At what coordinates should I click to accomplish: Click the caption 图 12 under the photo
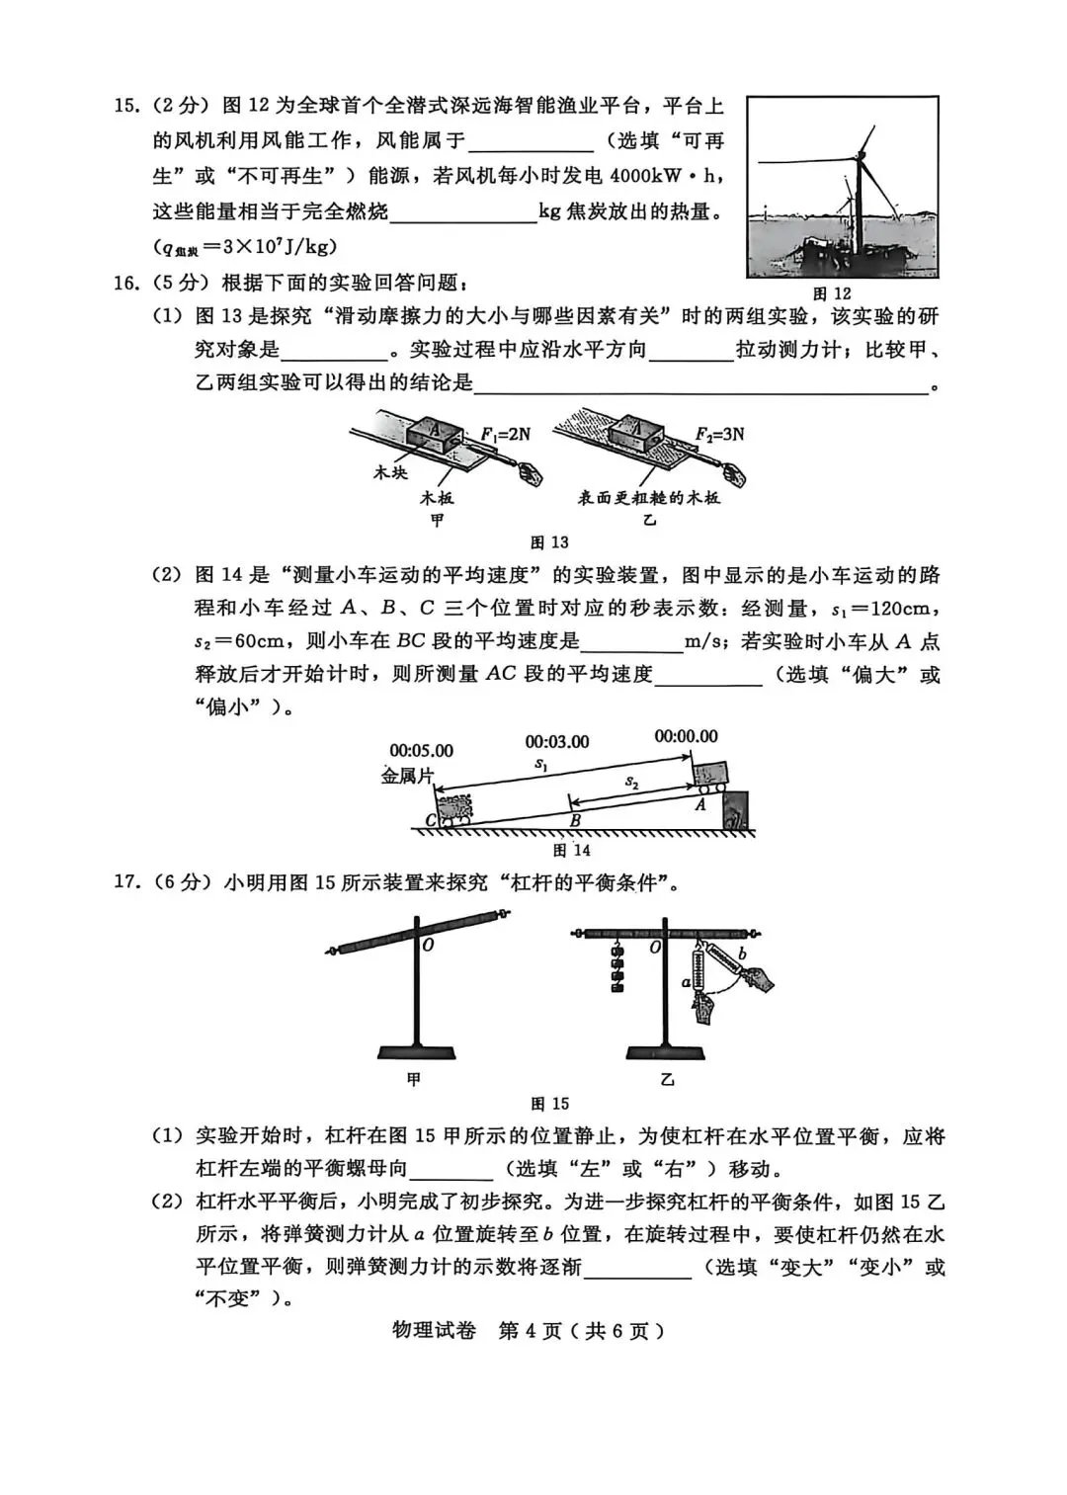[x=831, y=293]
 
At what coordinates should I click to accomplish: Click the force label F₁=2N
[x=505, y=434]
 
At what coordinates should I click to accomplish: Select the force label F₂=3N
[x=719, y=434]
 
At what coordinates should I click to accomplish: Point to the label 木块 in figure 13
[x=389, y=472]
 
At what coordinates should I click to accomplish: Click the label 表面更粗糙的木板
[x=649, y=497]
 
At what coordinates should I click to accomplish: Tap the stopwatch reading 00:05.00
[x=422, y=751]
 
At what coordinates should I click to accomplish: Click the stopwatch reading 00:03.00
[x=557, y=742]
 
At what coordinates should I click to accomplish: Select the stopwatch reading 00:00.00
[x=686, y=736]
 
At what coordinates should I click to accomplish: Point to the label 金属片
[x=407, y=777]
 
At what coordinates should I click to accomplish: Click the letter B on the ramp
[x=575, y=819]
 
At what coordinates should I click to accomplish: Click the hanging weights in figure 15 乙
[x=619, y=966]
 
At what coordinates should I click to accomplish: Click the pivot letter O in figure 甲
[x=429, y=946]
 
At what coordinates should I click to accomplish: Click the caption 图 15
[x=549, y=1104]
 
